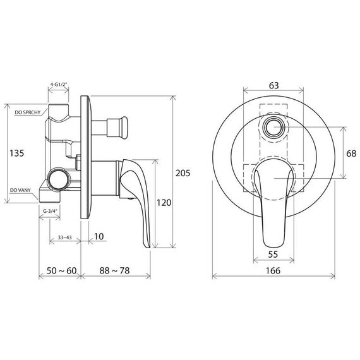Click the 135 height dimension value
coord(17,153)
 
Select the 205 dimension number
coord(183,173)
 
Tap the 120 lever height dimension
coord(164,203)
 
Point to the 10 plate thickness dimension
coord(99,236)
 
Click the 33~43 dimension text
coord(65,237)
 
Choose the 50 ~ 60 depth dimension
coord(61,270)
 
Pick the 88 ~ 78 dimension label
coord(114,270)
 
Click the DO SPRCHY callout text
coord(28,112)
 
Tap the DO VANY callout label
coord(20,190)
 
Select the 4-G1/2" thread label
coord(59,84)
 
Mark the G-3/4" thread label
coord(50,211)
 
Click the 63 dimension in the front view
coord(273,85)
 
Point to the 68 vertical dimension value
coord(351,153)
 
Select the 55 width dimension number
coord(273,255)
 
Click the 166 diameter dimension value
coord(273,271)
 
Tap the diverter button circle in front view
coord(273,128)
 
